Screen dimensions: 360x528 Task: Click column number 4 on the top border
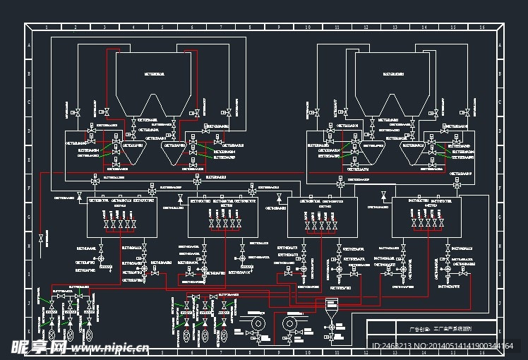click(133, 27)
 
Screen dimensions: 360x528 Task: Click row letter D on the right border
click(500, 131)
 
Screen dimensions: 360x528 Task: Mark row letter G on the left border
click(29, 218)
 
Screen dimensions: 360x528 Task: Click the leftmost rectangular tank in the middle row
click(121, 217)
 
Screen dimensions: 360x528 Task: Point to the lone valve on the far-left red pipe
click(41, 238)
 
